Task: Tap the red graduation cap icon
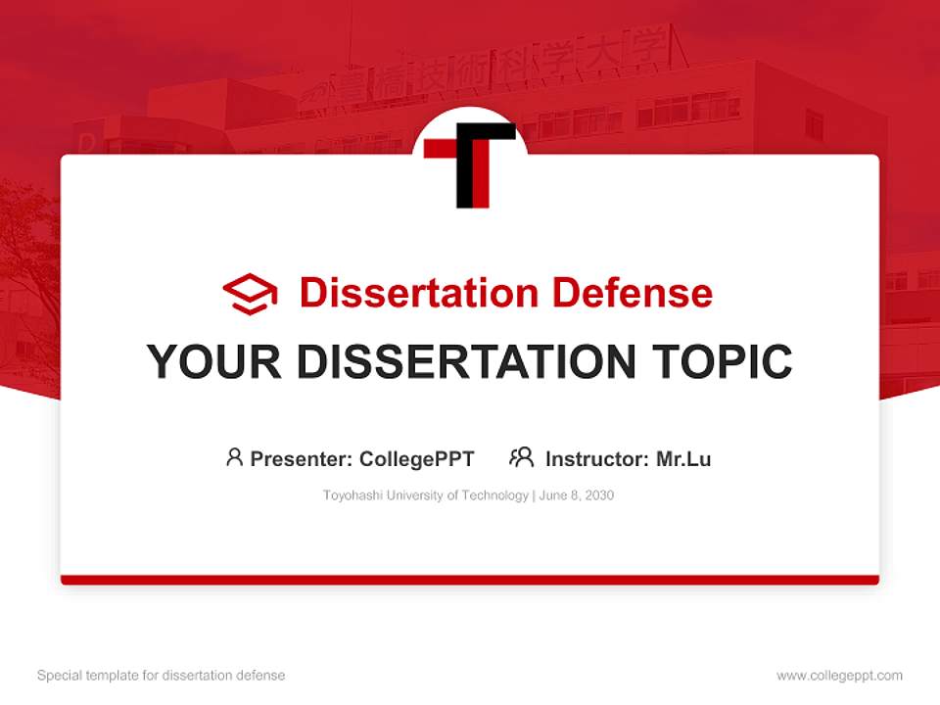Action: [250, 294]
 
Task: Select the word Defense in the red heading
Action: [632, 293]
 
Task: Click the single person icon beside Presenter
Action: [234, 457]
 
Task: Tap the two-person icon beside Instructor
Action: [521, 457]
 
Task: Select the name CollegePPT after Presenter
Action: [416, 459]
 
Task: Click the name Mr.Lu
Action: [683, 459]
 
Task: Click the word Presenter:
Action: [302, 459]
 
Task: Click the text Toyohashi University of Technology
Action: [425, 495]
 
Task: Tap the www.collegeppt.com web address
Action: [839, 676]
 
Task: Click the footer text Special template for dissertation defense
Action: [162, 676]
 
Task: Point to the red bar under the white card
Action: [470, 580]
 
